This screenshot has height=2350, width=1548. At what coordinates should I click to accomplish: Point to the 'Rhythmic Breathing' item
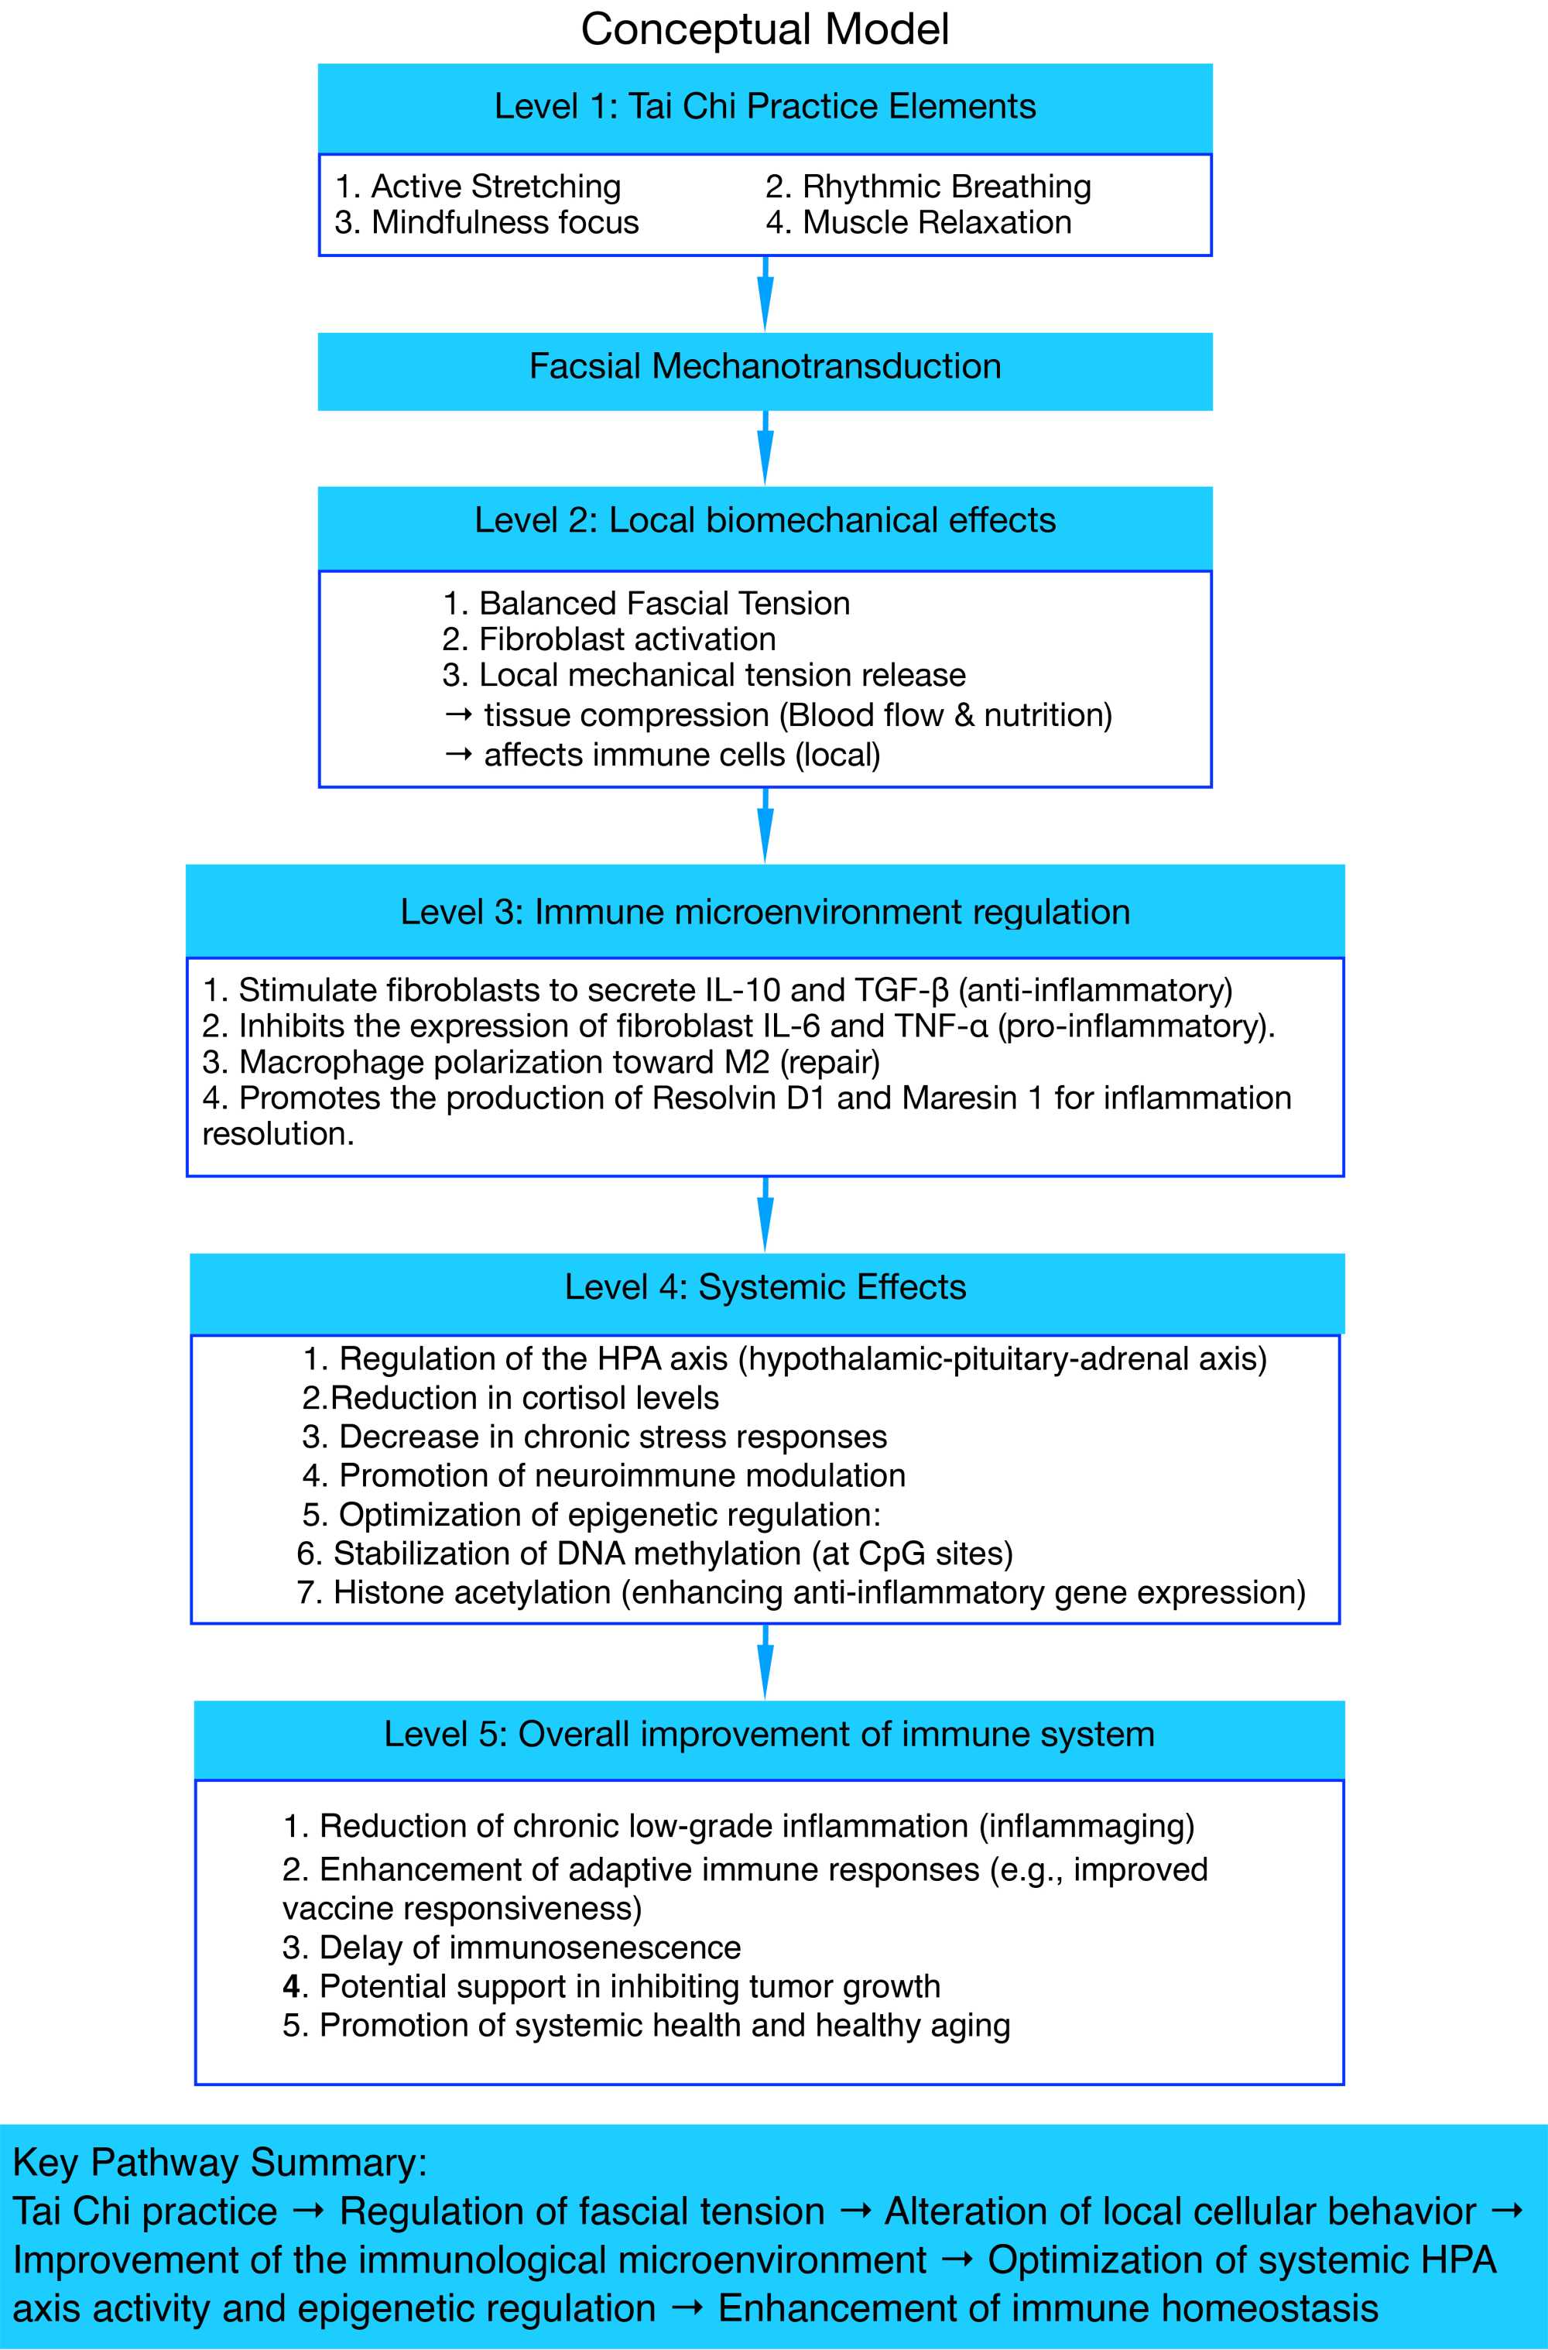[x=928, y=187]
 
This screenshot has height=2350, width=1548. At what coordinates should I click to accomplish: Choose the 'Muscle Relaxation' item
[x=918, y=222]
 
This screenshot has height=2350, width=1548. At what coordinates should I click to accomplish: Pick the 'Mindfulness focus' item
[x=487, y=222]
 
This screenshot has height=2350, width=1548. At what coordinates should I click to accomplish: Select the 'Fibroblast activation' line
[x=609, y=639]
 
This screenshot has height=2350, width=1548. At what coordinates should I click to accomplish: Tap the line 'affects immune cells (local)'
[x=663, y=755]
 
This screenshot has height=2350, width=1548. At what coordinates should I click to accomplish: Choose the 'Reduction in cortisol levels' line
[x=510, y=1398]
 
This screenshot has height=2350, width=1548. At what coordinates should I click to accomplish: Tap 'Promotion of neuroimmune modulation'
[x=604, y=1475]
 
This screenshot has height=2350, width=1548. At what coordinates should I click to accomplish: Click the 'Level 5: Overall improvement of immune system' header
[x=768, y=1734]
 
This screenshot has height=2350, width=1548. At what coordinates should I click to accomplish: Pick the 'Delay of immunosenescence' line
[x=512, y=1947]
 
